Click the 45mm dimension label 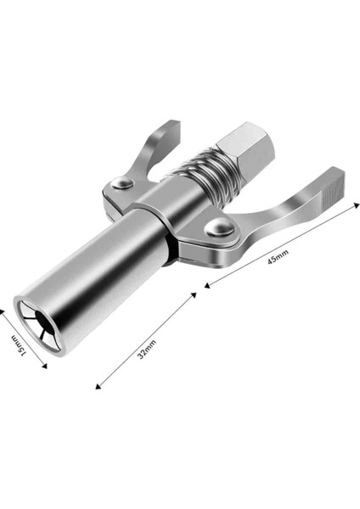[278, 256]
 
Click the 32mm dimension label [147, 350]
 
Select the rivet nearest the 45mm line [220, 227]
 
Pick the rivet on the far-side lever [122, 183]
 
